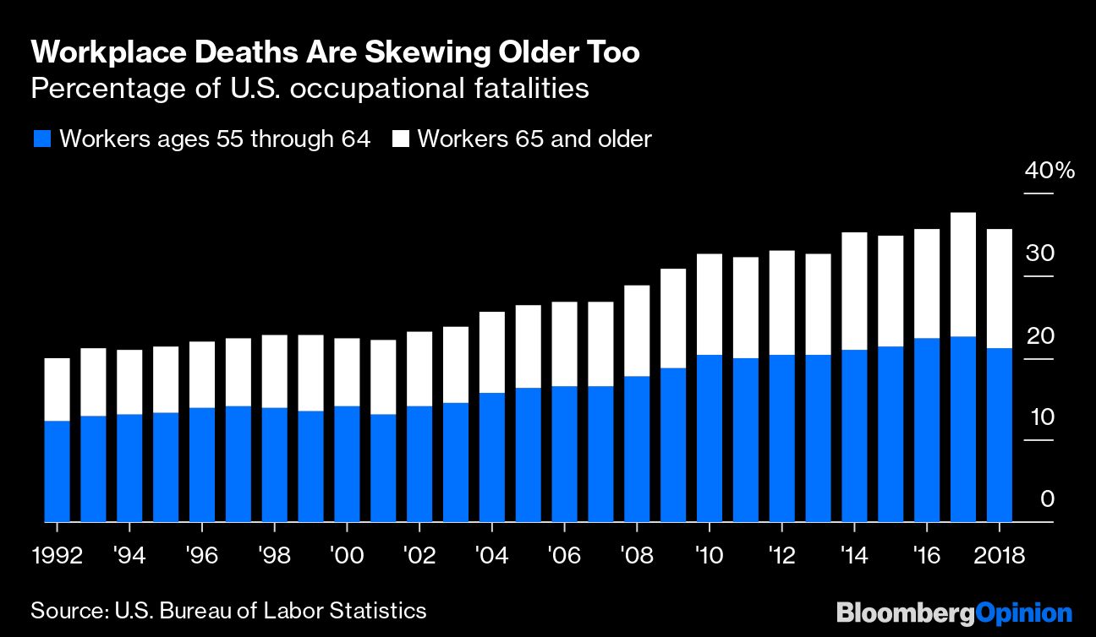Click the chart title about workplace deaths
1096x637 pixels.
coord(335,53)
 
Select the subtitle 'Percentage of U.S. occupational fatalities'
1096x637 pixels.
coord(310,88)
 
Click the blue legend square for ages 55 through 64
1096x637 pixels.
coord(42,139)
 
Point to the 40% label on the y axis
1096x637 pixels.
coord(1049,171)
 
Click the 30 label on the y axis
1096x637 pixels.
coord(1040,253)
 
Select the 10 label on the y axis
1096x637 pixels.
coord(1040,418)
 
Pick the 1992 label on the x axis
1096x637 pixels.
coord(58,556)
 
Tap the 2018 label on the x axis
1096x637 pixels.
coord(999,556)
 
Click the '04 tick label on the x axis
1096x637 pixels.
coord(491,556)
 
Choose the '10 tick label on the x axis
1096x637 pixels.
coord(709,556)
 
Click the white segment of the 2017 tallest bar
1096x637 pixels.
coord(963,275)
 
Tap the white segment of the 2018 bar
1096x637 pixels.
coord(1000,288)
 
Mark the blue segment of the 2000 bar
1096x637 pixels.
coord(347,464)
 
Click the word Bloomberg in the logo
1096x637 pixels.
coord(905,612)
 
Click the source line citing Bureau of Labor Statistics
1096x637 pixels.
coord(228,610)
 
